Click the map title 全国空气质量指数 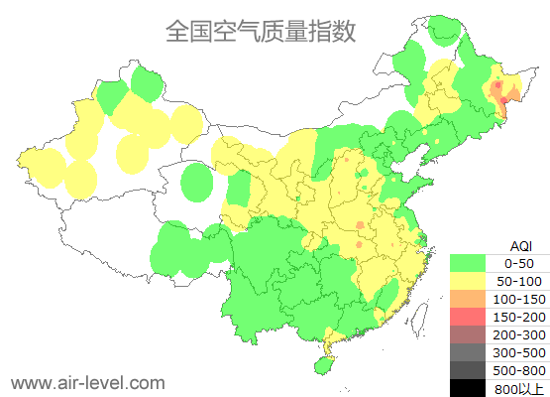click(x=261, y=31)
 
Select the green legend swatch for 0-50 click(x=469, y=263)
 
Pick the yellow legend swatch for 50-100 click(x=469, y=281)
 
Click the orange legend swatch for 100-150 click(x=469, y=299)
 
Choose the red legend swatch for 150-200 click(x=469, y=317)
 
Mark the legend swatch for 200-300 click(x=469, y=334)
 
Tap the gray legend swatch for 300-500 click(x=469, y=352)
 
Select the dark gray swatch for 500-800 click(x=469, y=370)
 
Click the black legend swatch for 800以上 click(x=469, y=388)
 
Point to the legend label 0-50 click(x=519, y=263)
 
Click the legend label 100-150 click(x=519, y=299)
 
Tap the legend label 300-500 click(x=519, y=352)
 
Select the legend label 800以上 click(x=519, y=388)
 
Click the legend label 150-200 click(x=519, y=317)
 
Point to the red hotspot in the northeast click(x=503, y=100)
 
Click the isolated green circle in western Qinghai click(x=198, y=183)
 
